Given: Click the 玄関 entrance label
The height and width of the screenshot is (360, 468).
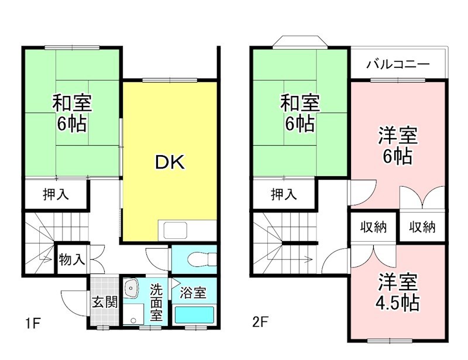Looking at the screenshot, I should point(106,303).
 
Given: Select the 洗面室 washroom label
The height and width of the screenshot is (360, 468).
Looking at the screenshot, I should point(156,302).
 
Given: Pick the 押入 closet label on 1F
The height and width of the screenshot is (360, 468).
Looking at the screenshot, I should point(56,194).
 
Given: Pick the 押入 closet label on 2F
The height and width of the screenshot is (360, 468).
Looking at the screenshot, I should point(284,194).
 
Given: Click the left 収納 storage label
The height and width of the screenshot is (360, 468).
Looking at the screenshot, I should point(373,227).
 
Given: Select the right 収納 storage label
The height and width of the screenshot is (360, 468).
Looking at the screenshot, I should point(422,227).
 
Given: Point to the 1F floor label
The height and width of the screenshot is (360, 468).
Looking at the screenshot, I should point(32,322).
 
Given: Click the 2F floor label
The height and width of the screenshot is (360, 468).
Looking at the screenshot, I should point(260,322).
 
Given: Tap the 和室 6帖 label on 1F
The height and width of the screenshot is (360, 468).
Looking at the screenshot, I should point(71,113).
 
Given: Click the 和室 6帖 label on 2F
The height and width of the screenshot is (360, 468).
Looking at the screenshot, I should point(300,113).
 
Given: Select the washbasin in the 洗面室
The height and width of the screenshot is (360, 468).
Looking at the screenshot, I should point(132,288).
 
